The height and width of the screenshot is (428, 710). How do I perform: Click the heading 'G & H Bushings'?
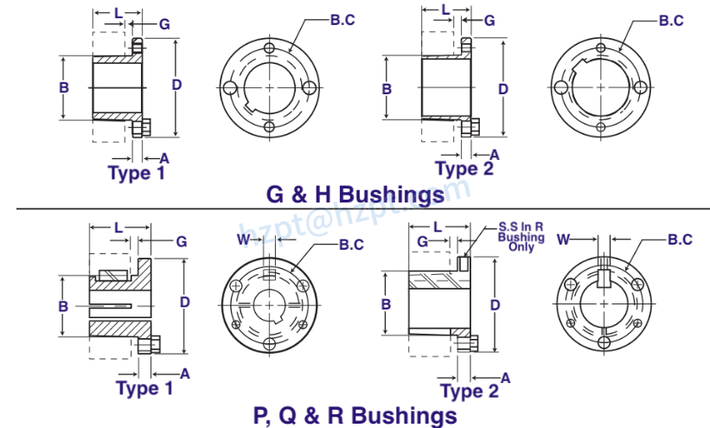tap(355, 194)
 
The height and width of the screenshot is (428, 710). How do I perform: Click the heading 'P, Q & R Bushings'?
tap(355, 415)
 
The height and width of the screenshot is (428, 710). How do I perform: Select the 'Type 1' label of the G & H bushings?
tap(137, 172)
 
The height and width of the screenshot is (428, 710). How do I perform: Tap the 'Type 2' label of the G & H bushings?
tap(464, 169)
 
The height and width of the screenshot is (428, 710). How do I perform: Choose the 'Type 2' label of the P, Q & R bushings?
tap(470, 391)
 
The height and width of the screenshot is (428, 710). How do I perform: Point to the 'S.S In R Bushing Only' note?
tap(521, 237)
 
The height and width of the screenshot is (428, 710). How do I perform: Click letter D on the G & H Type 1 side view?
tap(176, 85)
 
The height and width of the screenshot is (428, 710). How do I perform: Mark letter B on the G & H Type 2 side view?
tap(387, 88)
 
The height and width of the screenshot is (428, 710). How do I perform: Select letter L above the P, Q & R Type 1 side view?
tap(118, 227)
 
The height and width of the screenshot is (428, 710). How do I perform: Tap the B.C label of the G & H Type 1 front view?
tap(342, 20)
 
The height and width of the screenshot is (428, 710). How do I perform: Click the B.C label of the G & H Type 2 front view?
tap(671, 20)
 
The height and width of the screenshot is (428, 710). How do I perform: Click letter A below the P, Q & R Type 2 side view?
tap(506, 378)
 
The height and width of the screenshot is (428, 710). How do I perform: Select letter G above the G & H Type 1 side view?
tap(163, 23)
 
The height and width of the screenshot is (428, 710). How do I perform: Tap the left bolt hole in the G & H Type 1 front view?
tap(228, 87)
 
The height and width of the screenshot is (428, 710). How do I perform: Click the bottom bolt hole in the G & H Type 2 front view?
tap(599, 126)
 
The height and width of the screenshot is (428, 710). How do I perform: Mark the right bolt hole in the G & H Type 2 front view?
tap(639, 88)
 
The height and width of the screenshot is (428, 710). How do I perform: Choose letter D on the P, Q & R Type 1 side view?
tap(184, 302)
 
